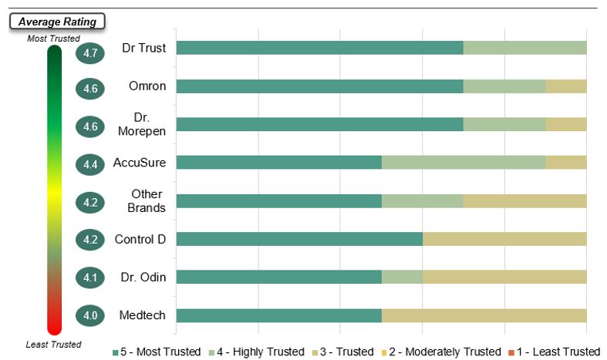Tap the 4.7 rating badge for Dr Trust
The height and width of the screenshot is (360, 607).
tap(90, 53)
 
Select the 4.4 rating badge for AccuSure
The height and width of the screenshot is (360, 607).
tap(90, 164)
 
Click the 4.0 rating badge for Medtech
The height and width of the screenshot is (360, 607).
tap(90, 315)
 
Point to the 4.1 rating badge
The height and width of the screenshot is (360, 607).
tap(90, 277)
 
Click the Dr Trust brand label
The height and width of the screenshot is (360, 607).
tap(144, 48)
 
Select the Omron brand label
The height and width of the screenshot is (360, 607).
tap(147, 86)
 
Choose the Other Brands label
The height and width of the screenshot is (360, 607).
tap(147, 200)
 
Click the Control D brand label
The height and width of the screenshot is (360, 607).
tap(140, 239)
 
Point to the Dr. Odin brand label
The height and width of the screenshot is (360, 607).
tap(143, 277)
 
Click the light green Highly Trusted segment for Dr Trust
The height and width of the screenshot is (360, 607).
tap(524, 48)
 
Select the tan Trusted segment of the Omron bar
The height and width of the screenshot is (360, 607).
tap(565, 86)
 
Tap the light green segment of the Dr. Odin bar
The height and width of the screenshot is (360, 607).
tap(402, 277)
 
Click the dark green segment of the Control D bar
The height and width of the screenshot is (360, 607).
tap(299, 239)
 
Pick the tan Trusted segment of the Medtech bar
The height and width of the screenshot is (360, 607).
tap(484, 315)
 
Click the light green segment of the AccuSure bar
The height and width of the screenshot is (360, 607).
tap(464, 163)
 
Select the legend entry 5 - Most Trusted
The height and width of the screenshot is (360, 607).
tap(157, 352)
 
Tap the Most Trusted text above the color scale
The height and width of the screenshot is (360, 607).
tap(53, 38)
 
